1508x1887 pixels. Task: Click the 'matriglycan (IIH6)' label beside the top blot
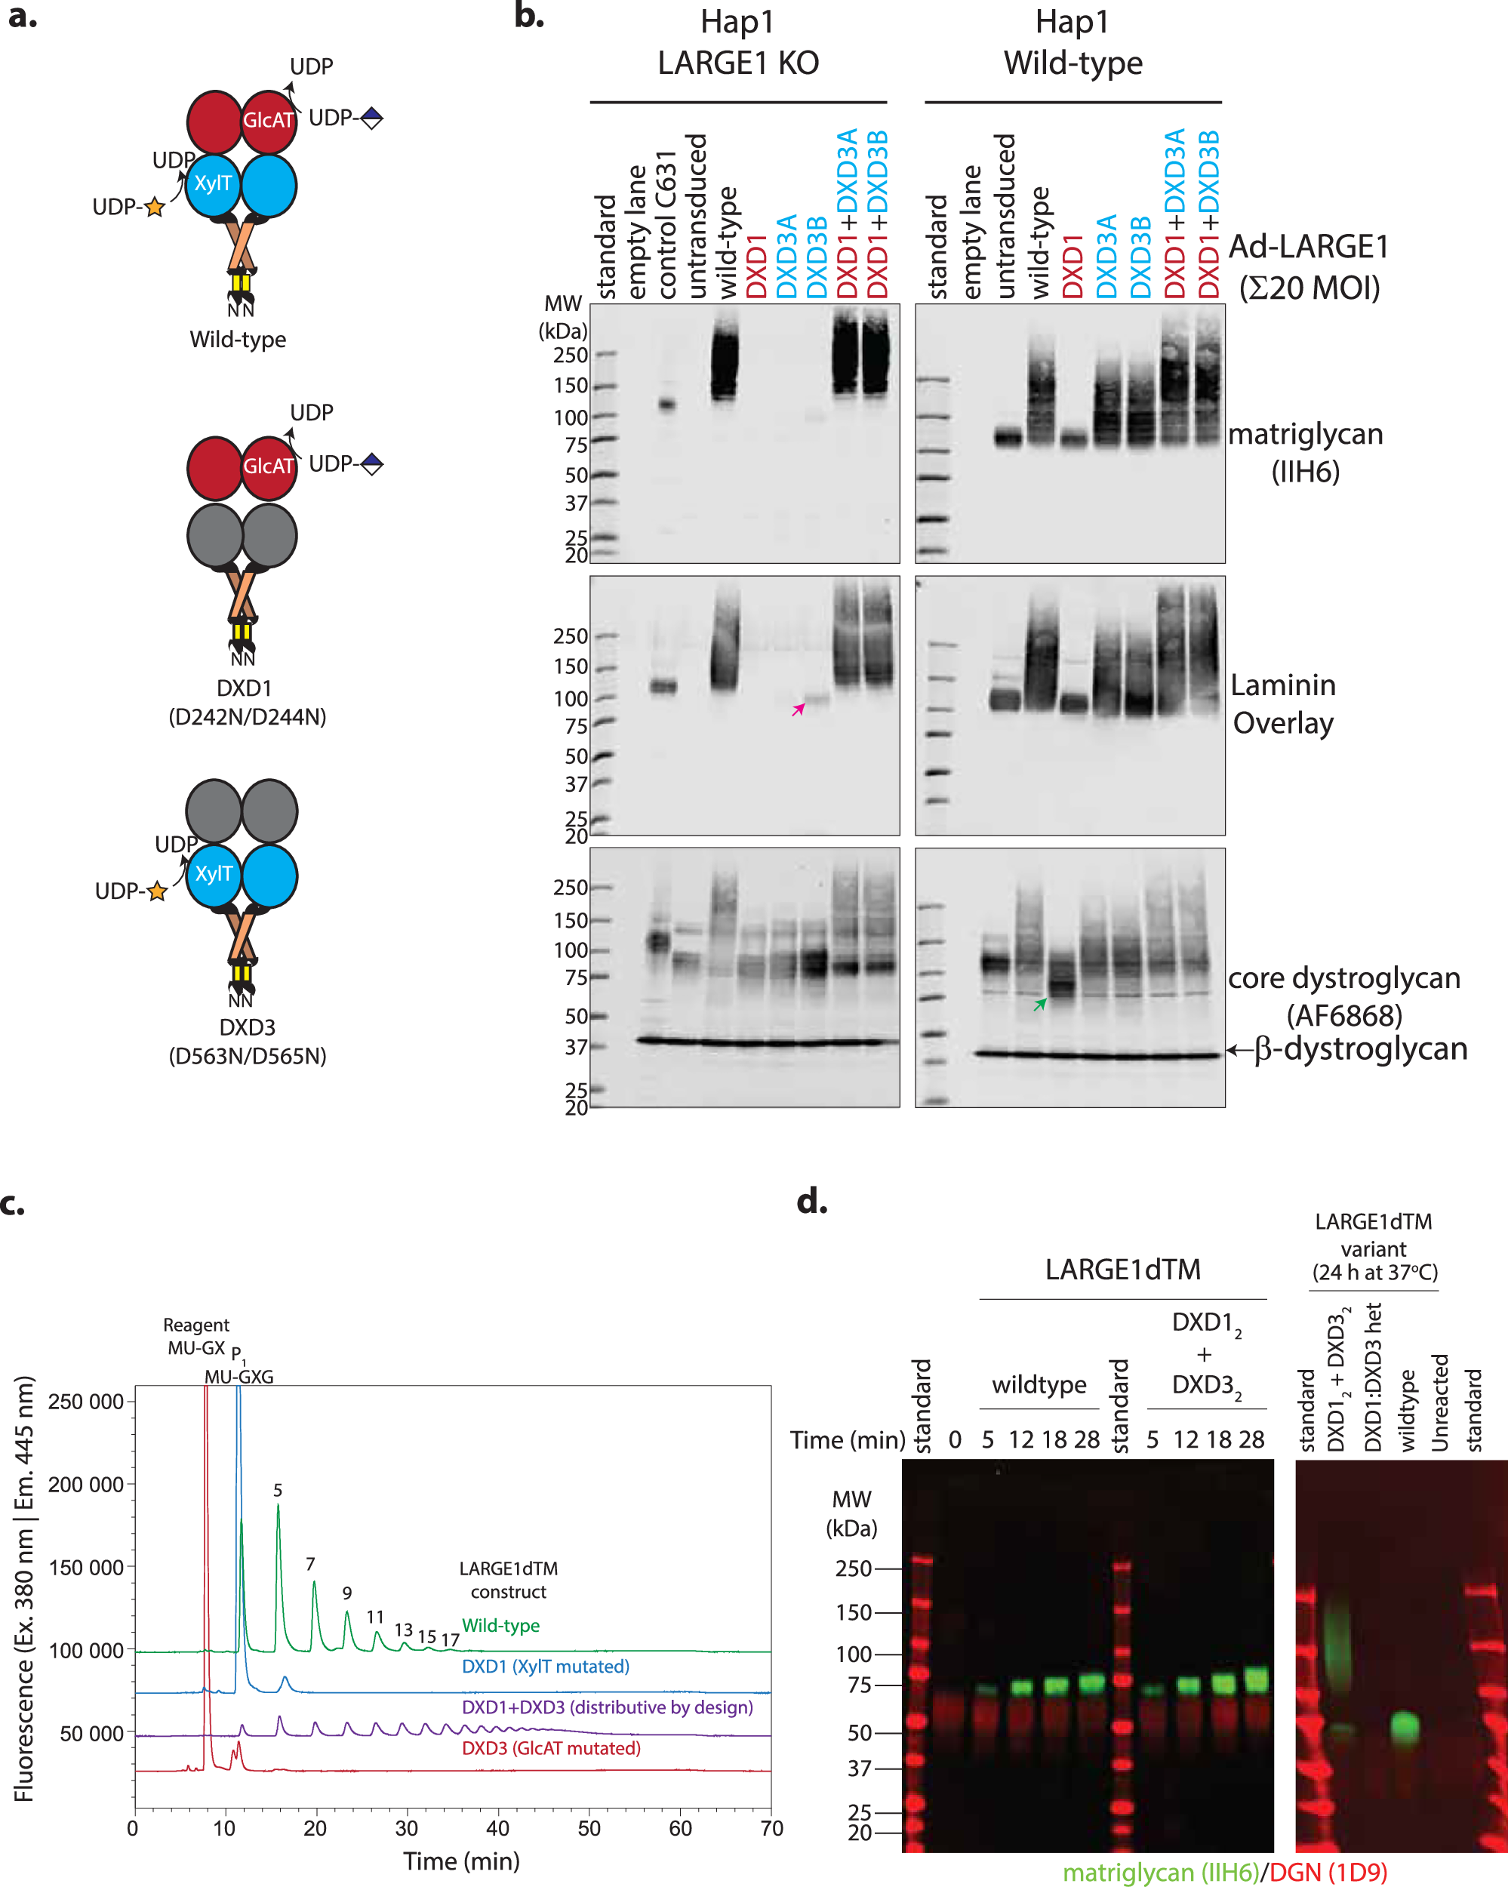[1305, 452]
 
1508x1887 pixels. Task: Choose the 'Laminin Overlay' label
[1283, 703]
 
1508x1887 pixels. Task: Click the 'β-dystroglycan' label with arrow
[1353, 1048]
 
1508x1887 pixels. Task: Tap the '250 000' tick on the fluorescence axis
[86, 1401]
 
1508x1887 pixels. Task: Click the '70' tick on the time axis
[771, 1827]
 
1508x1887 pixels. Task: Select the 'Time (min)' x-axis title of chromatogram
[461, 1861]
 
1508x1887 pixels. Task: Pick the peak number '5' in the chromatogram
[278, 1490]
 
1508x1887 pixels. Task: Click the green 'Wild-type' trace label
[500, 1625]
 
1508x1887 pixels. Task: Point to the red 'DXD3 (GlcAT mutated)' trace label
[552, 1748]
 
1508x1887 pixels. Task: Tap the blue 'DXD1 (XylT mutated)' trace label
[545, 1667]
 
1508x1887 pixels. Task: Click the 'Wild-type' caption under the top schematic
[238, 340]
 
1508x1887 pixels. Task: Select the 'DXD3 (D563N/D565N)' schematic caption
[248, 1042]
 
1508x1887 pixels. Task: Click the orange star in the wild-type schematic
[154, 208]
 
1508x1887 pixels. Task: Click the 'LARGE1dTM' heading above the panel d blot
[1123, 1269]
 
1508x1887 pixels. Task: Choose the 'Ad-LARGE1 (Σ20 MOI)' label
[1309, 267]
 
